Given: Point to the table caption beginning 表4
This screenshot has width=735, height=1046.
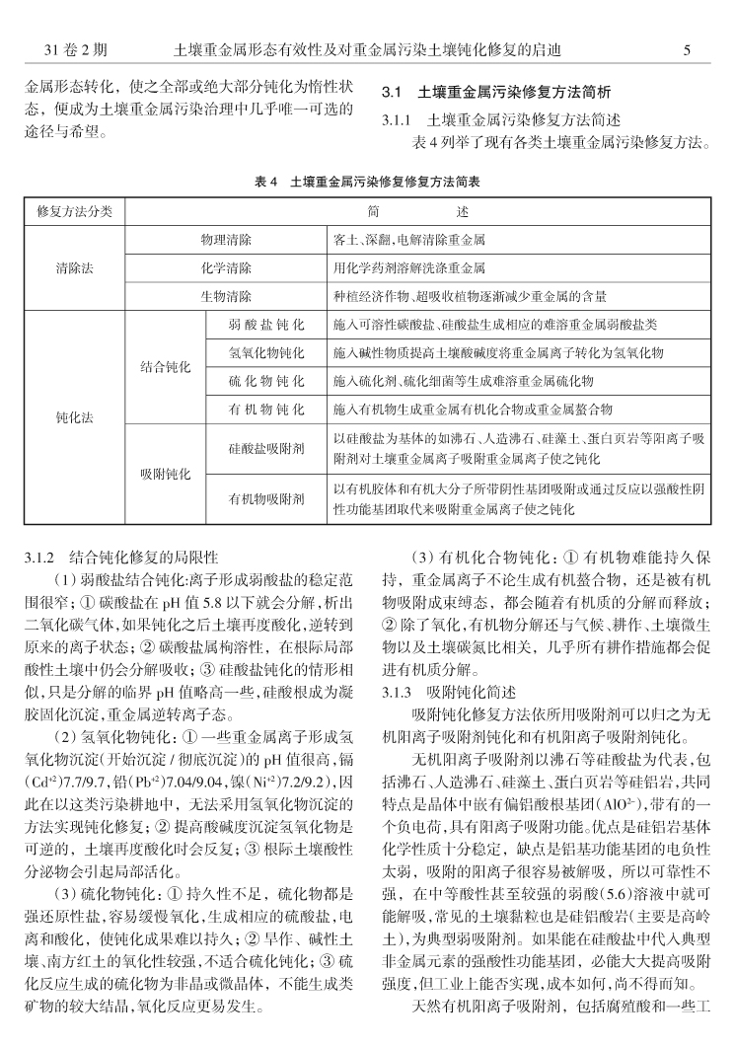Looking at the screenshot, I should pos(367,183).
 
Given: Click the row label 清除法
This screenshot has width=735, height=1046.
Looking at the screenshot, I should pos(75,267).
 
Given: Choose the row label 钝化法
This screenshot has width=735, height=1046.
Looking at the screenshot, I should pos(75,417).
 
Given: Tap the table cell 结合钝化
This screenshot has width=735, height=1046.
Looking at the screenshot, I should pos(165,366).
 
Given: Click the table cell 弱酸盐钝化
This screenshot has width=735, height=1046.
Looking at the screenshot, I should pos(265,324).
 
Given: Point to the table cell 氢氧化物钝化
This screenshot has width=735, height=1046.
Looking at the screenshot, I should pos(265,351).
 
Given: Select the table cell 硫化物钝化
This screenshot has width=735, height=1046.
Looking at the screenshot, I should pos(265,380).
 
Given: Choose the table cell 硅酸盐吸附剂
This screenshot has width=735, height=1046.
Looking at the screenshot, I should pos(265,446).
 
